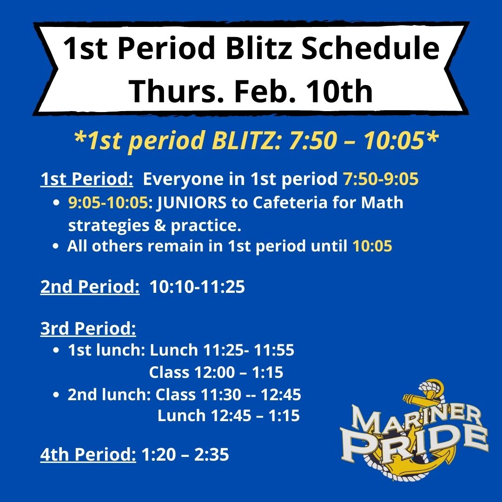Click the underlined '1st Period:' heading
(87, 179)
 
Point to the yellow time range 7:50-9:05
(381, 179)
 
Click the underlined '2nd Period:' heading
(90, 287)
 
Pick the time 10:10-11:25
(197, 287)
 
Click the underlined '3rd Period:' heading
(88, 329)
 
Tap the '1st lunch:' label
(106, 350)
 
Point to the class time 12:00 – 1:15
(216, 372)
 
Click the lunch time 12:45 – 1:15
(228, 416)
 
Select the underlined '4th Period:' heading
(88, 455)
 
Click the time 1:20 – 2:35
(185, 455)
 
